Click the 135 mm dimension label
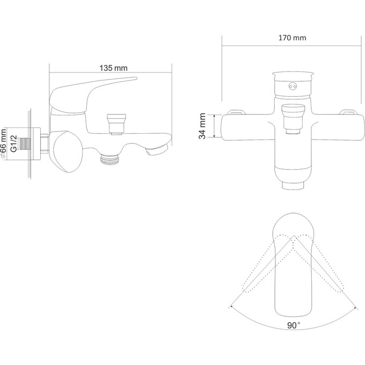[x=114, y=68]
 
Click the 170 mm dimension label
[x=293, y=38]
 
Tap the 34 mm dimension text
[x=202, y=126]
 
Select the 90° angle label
[x=294, y=325]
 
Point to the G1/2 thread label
[x=14, y=144]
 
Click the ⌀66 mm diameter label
[x=4, y=144]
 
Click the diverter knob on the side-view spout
[x=116, y=124]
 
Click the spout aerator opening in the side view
[x=157, y=149]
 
